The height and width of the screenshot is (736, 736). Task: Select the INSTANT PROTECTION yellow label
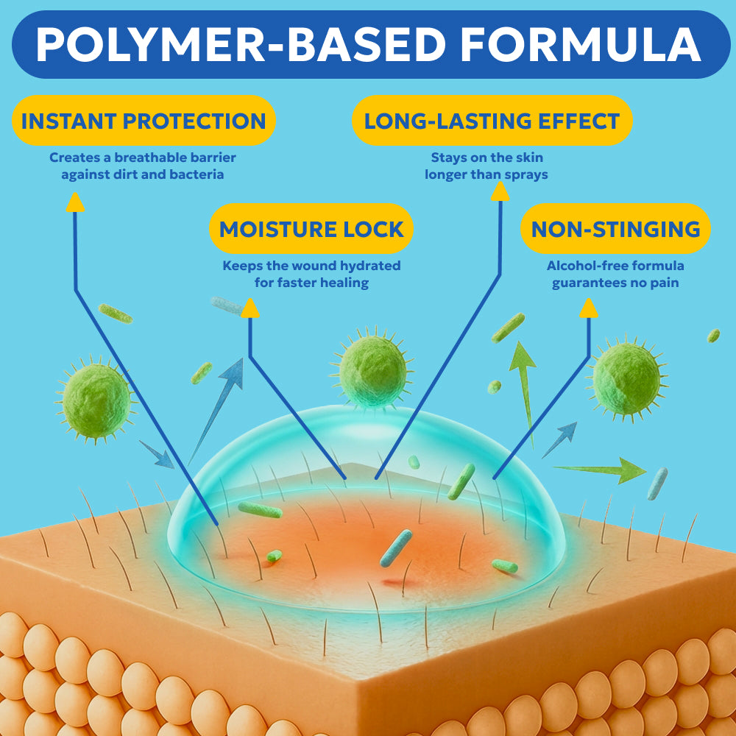click(144, 121)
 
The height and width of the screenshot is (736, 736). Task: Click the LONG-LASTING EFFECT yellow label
click(492, 121)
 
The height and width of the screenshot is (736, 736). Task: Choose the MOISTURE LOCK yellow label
click(311, 229)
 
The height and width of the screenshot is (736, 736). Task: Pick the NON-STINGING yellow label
click(615, 229)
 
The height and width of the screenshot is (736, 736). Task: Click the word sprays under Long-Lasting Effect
click(526, 175)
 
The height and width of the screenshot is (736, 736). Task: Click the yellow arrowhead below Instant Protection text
click(75, 202)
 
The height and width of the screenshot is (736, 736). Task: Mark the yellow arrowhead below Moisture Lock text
click(250, 308)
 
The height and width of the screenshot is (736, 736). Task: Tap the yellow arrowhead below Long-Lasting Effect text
click(500, 191)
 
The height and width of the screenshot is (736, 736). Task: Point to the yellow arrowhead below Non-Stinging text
click(589, 308)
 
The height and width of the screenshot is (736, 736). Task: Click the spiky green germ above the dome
click(372, 368)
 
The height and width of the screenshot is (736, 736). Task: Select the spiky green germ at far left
click(96, 400)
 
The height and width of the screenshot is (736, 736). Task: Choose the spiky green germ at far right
click(627, 378)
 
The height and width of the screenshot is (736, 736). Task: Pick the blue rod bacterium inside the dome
click(396, 548)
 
